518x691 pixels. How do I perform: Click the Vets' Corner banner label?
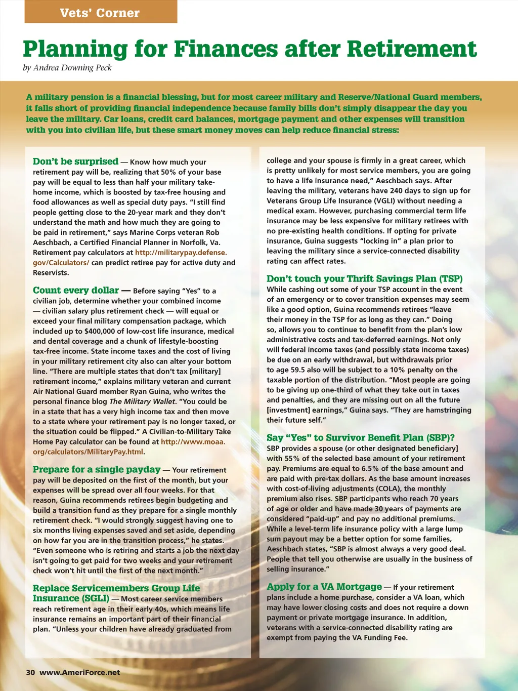click(x=100, y=13)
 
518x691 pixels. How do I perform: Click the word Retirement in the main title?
click(x=411, y=49)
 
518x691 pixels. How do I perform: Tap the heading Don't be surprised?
click(x=75, y=161)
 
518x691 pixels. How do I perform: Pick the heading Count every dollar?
click(x=76, y=291)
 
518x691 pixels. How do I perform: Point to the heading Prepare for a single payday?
click(x=97, y=470)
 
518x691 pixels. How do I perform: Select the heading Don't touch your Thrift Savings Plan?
click(x=364, y=278)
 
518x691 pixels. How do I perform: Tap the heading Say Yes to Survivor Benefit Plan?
click(x=360, y=438)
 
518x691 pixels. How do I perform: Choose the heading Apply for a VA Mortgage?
click(x=324, y=587)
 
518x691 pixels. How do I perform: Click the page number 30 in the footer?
click(x=30, y=672)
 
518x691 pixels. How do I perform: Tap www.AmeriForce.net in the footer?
click(x=80, y=672)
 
